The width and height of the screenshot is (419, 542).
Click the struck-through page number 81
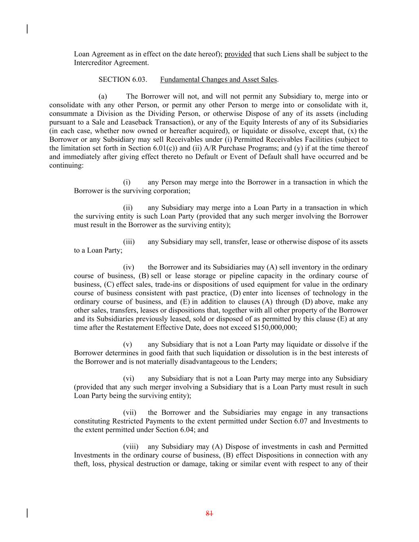click(x=209, y=513)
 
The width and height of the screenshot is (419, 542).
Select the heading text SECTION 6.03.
click(x=123, y=79)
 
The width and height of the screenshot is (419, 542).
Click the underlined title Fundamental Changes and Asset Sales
click(x=218, y=79)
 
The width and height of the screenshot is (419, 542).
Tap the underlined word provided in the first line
click(x=237, y=54)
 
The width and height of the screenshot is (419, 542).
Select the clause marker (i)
click(x=127, y=182)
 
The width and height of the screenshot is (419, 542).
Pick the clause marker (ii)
click(x=127, y=208)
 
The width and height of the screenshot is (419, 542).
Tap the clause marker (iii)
click(x=129, y=242)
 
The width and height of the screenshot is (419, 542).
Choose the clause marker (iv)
click(x=128, y=267)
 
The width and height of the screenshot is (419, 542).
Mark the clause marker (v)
click(x=127, y=344)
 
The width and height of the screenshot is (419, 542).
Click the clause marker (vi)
click(x=128, y=378)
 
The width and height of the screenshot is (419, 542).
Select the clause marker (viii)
click(x=130, y=447)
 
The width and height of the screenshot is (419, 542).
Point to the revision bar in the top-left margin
click(x=27, y=29)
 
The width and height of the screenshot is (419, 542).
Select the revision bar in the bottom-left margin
click(x=27, y=513)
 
